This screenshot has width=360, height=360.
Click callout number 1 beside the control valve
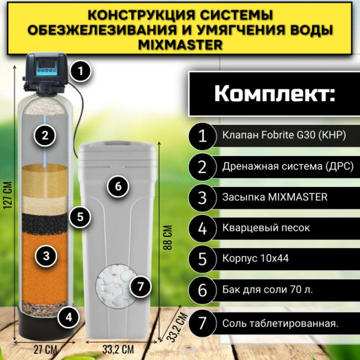(x=81, y=69)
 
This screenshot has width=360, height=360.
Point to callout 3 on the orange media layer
(x=45, y=256)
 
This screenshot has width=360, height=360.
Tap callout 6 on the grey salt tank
(x=117, y=186)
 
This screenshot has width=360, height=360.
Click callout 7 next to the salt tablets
(x=139, y=285)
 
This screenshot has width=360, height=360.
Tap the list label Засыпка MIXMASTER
(x=275, y=197)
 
